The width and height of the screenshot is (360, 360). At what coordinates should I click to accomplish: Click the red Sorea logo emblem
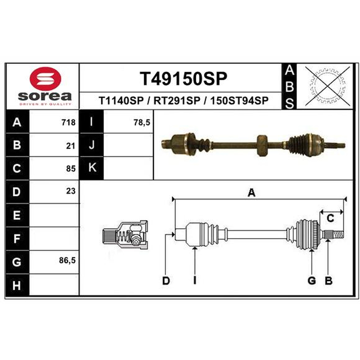tap(45, 79)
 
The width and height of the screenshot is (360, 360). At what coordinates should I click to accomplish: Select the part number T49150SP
tap(183, 78)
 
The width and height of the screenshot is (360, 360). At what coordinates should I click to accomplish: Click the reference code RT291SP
tap(177, 100)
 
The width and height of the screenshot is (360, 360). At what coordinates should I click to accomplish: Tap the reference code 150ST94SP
tap(239, 100)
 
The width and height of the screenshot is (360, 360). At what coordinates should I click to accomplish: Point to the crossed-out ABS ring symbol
tap(328, 86)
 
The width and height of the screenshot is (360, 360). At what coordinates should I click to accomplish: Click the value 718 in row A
tap(68, 122)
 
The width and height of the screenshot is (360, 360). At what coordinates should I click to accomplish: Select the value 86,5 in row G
tap(67, 261)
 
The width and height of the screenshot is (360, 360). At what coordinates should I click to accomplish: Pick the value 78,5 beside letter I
tap(142, 122)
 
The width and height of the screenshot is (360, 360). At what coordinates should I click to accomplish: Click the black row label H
tap(17, 285)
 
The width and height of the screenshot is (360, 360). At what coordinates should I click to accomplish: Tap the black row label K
tap(92, 168)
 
